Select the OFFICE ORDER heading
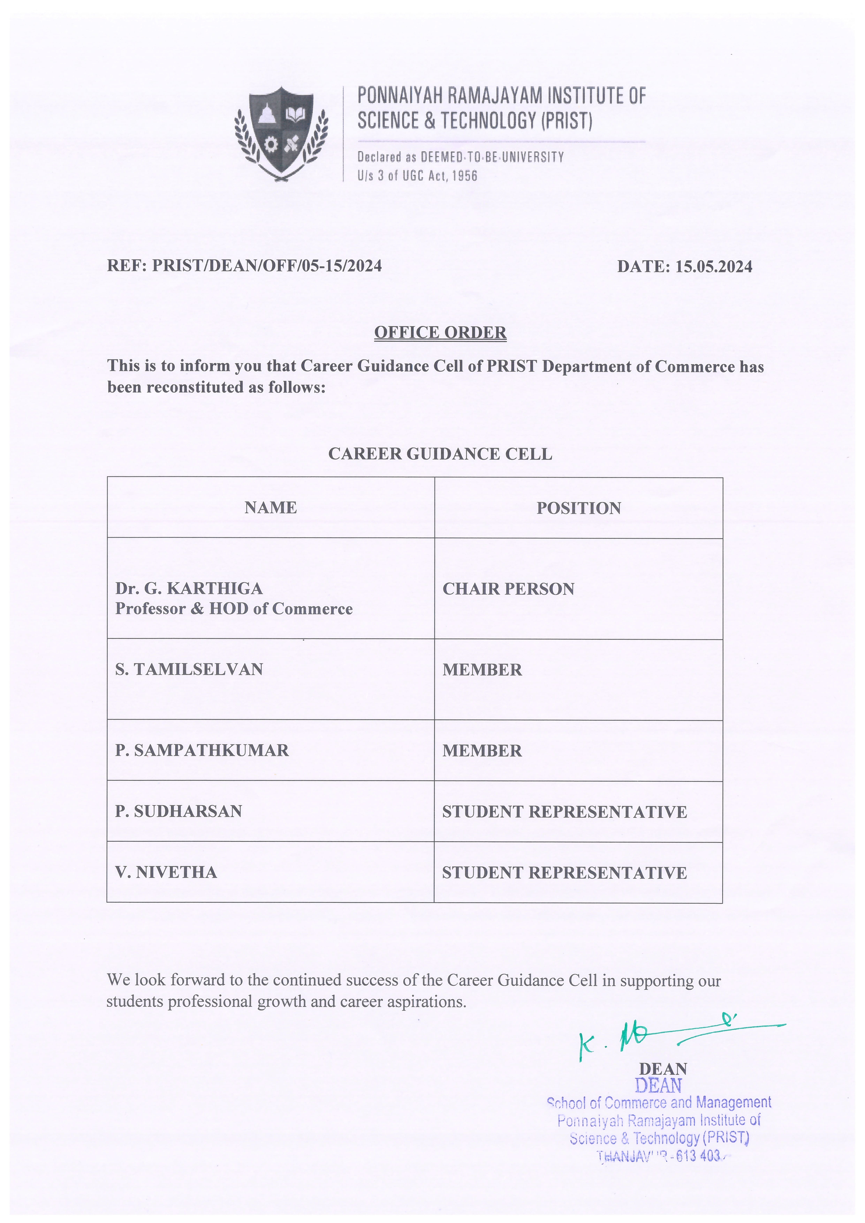click(x=440, y=332)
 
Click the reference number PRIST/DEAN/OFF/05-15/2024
click(x=267, y=266)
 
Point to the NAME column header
click(x=271, y=508)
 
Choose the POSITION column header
click(x=578, y=508)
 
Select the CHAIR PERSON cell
click(x=508, y=589)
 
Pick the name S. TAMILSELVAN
click(x=189, y=670)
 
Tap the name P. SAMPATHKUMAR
click(x=202, y=750)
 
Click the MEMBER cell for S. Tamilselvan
click(x=482, y=670)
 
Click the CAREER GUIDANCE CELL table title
click(x=440, y=454)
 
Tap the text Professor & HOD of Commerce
click(x=234, y=609)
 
